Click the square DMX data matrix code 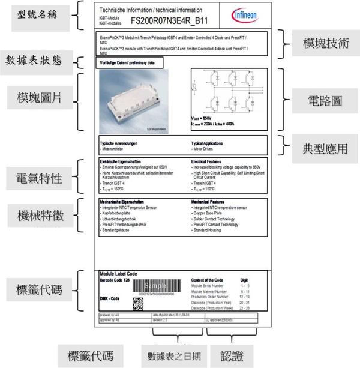click(138, 304)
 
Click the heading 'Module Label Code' click(118, 274)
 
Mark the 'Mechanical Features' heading click(211, 202)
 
